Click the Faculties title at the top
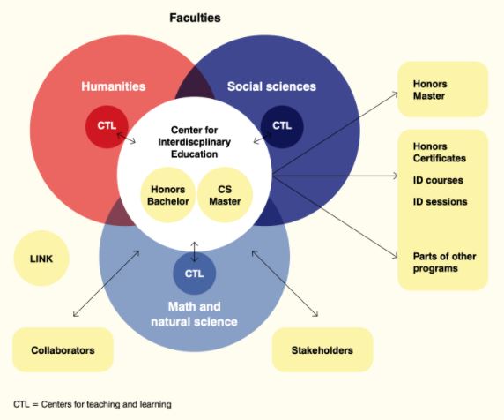[195, 18]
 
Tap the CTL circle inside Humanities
[107, 126]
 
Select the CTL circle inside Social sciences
[282, 126]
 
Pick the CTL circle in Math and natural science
[194, 274]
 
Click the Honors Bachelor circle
[167, 195]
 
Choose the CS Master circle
[225, 195]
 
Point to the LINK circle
[41, 259]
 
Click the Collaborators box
[63, 349]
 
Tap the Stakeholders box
[322, 349]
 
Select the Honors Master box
[443, 89]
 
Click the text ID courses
[438, 180]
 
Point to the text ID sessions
[440, 202]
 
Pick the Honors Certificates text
[440, 153]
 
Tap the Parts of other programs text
[445, 262]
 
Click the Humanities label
[113, 86]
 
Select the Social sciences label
[271, 86]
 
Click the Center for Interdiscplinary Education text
[194, 142]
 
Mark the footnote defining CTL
[93, 404]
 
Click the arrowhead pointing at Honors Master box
[396, 94]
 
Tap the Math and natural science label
[194, 314]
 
